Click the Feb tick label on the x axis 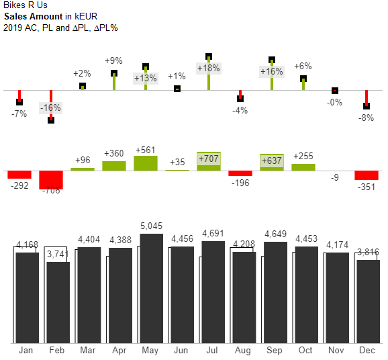(x=57, y=351)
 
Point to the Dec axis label (x=367, y=351)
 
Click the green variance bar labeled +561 (x=146, y=163)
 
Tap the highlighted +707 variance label (x=209, y=158)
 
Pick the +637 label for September (x=271, y=161)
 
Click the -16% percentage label (x=50, y=108)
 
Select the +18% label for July (x=208, y=68)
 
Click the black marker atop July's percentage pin (x=209, y=57)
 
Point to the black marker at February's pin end (x=51, y=120)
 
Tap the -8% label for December (x=366, y=118)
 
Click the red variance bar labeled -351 (x=367, y=175)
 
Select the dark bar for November (x=336, y=298)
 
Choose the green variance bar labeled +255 (x=303, y=167)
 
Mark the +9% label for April (x=113, y=61)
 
